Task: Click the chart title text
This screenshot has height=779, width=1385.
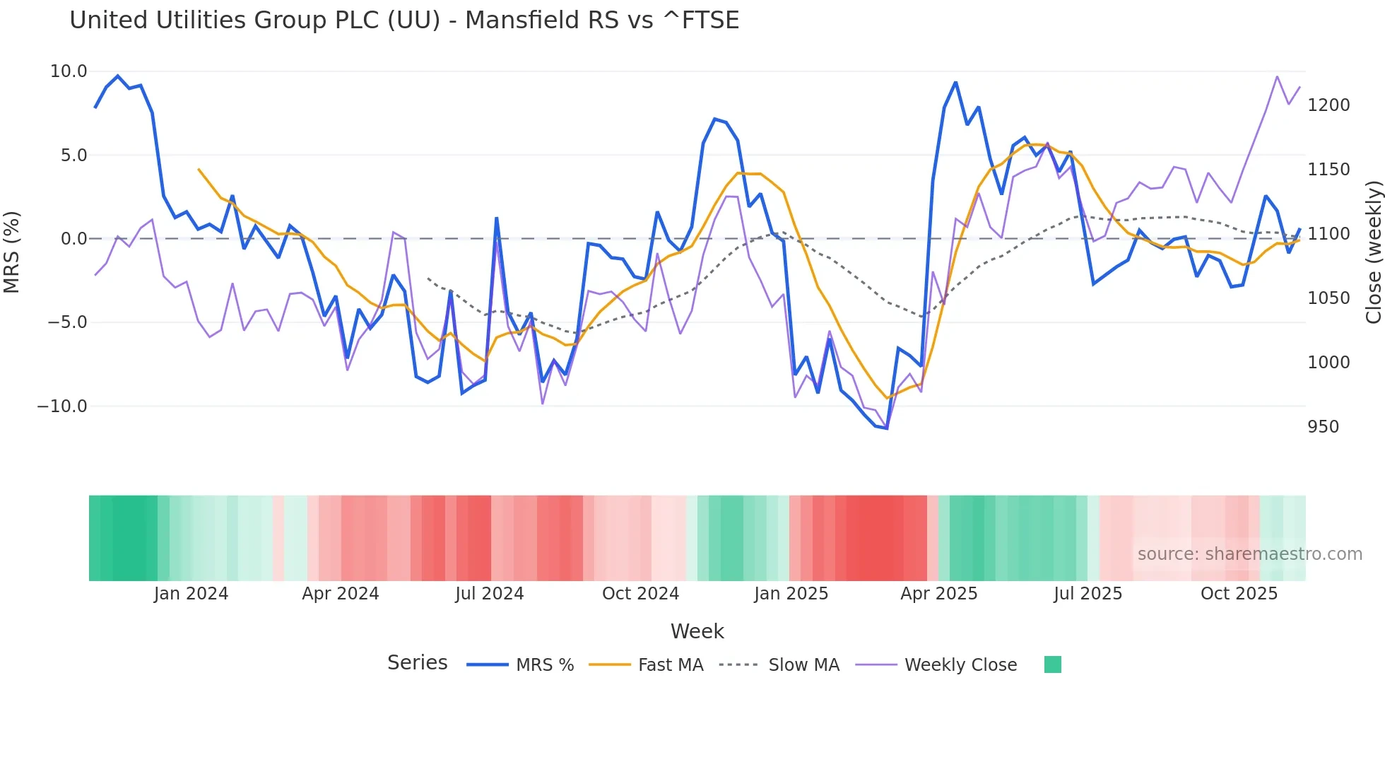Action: coord(404,20)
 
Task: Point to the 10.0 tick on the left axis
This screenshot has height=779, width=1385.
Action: coord(69,71)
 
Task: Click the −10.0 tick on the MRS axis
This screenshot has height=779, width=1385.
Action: coord(62,406)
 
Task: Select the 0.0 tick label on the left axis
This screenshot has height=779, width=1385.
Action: coord(73,239)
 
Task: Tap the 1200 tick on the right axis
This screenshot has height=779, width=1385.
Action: coord(1328,105)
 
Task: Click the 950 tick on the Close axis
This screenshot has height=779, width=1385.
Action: coord(1323,427)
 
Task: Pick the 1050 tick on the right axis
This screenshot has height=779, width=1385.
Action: coord(1328,298)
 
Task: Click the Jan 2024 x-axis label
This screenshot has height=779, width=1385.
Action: coord(191,594)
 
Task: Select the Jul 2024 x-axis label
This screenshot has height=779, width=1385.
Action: coord(489,594)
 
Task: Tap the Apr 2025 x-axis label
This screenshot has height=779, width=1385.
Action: coord(938,594)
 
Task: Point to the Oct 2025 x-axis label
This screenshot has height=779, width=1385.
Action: coord(1239,594)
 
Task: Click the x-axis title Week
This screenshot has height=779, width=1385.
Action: coord(697,631)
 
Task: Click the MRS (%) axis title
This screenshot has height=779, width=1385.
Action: coord(11,252)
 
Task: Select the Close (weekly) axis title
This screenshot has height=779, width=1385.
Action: coord(1373,252)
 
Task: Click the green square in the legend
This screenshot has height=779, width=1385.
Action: coord(1052,664)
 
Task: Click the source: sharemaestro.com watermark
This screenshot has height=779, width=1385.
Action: coord(1249,554)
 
